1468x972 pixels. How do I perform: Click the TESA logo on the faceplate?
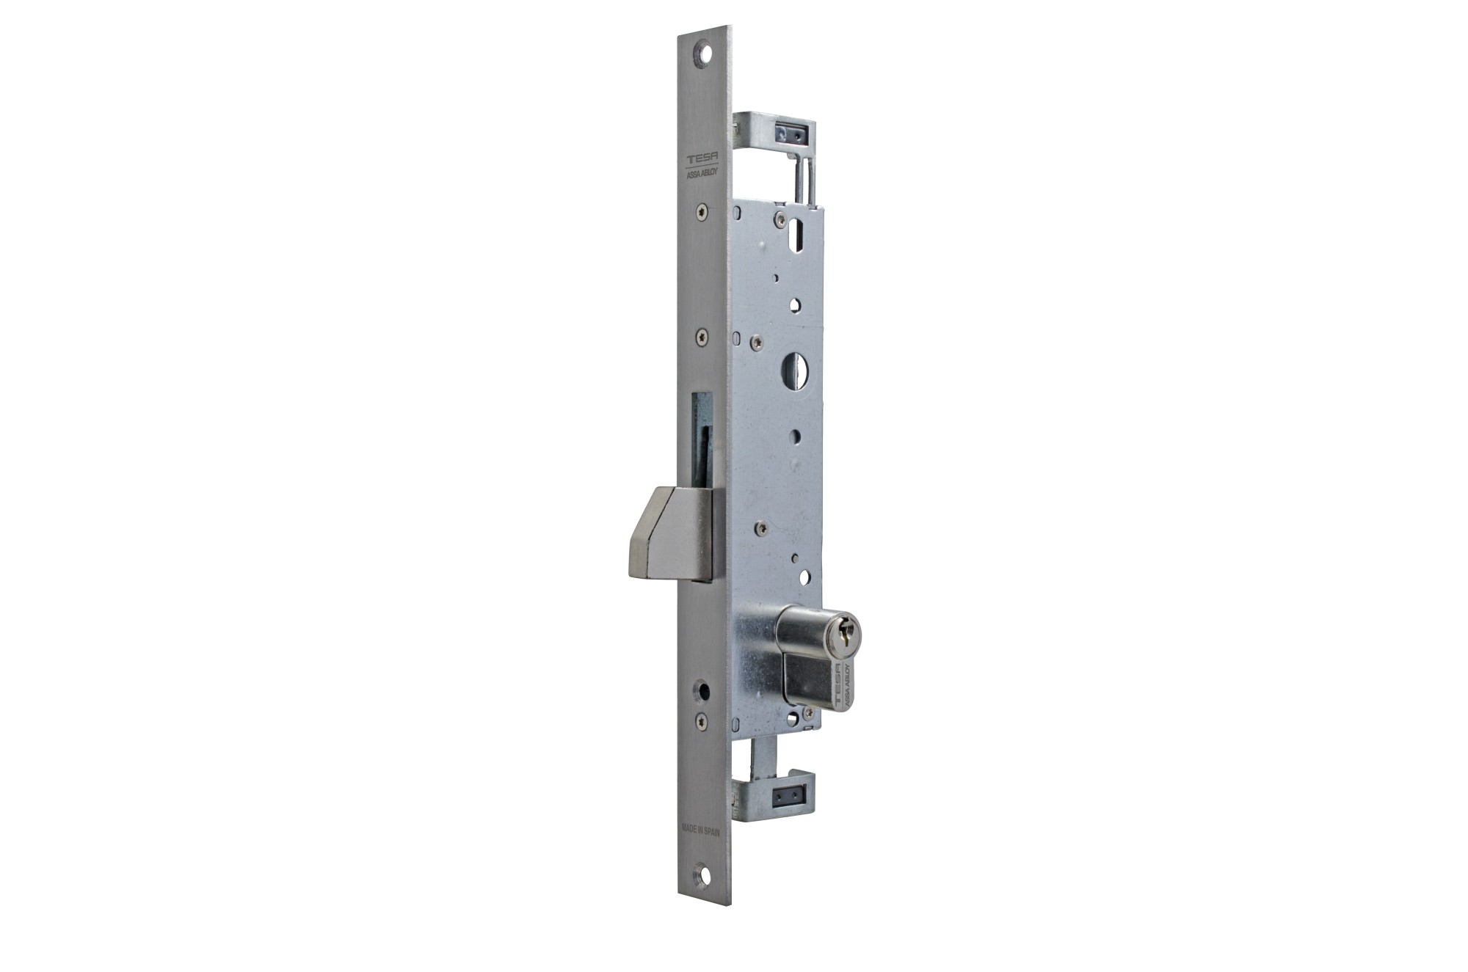tap(698, 160)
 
